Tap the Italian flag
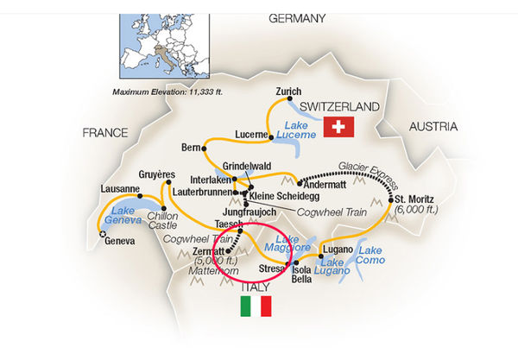click(255, 306)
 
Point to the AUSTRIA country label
click(433, 126)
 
